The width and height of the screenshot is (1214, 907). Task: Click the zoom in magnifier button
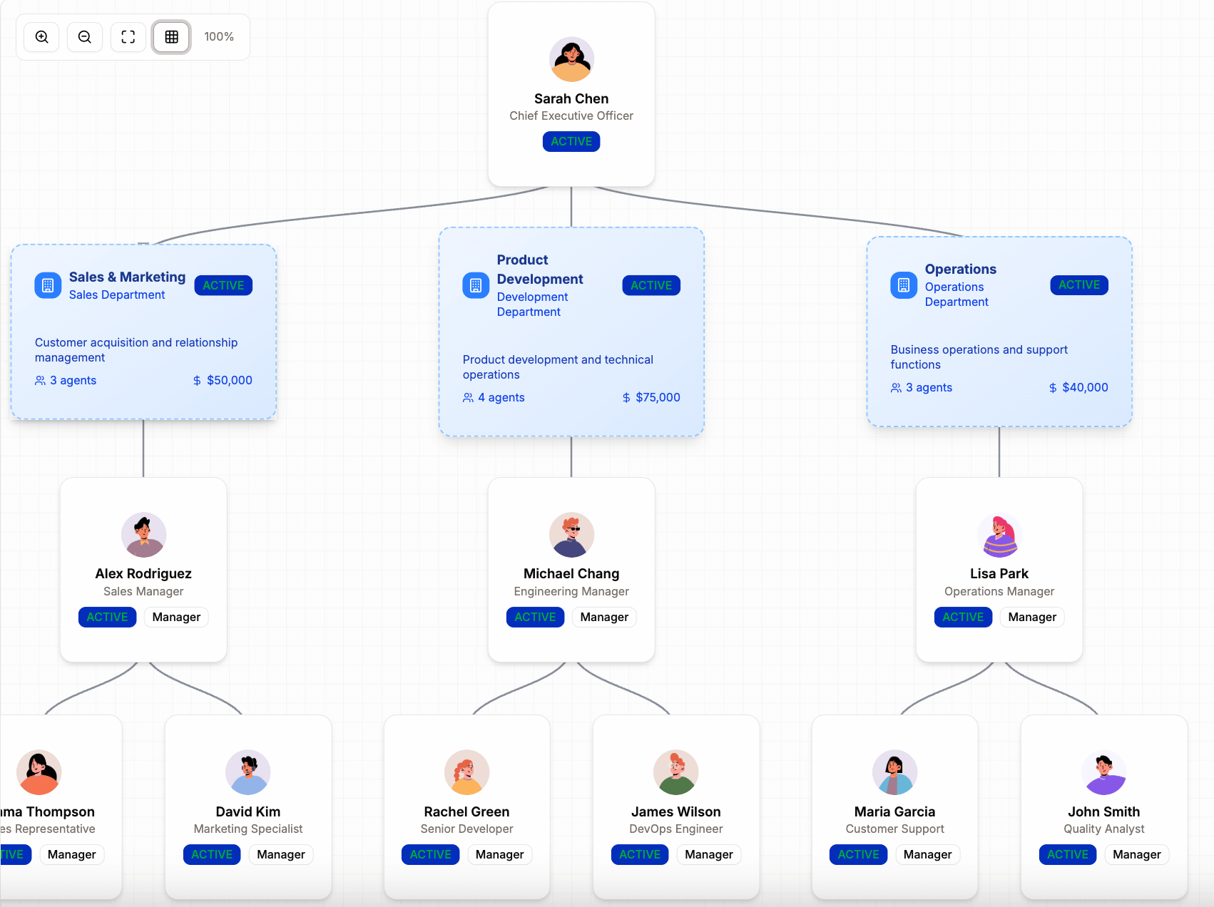[42, 37]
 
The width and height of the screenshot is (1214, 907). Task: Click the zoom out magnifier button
[85, 37]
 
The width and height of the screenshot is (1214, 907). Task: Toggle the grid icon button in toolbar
[172, 37]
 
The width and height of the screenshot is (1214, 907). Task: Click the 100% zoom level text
[219, 37]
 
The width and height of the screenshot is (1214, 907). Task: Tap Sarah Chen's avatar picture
[571, 59]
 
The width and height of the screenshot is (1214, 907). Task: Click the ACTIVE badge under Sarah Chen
[571, 141]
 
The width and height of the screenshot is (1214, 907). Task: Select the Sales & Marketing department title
[127, 277]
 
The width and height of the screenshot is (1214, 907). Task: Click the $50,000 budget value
[229, 380]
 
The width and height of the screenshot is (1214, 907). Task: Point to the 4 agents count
[501, 397]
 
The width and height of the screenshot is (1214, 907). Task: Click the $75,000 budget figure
[657, 397]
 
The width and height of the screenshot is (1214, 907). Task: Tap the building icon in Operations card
[903, 285]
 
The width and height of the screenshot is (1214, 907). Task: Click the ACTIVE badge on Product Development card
[651, 285]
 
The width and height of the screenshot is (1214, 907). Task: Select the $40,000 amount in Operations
[1084, 387]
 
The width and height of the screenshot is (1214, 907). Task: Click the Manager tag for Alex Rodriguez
[176, 617]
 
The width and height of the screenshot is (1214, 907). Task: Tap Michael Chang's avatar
[571, 534]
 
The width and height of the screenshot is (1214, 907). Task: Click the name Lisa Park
[999, 573]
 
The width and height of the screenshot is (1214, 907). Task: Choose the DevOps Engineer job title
[675, 829]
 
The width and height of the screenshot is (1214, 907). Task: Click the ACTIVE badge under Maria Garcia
[858, 854]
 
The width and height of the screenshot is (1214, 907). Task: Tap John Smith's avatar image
[1103, 772]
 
